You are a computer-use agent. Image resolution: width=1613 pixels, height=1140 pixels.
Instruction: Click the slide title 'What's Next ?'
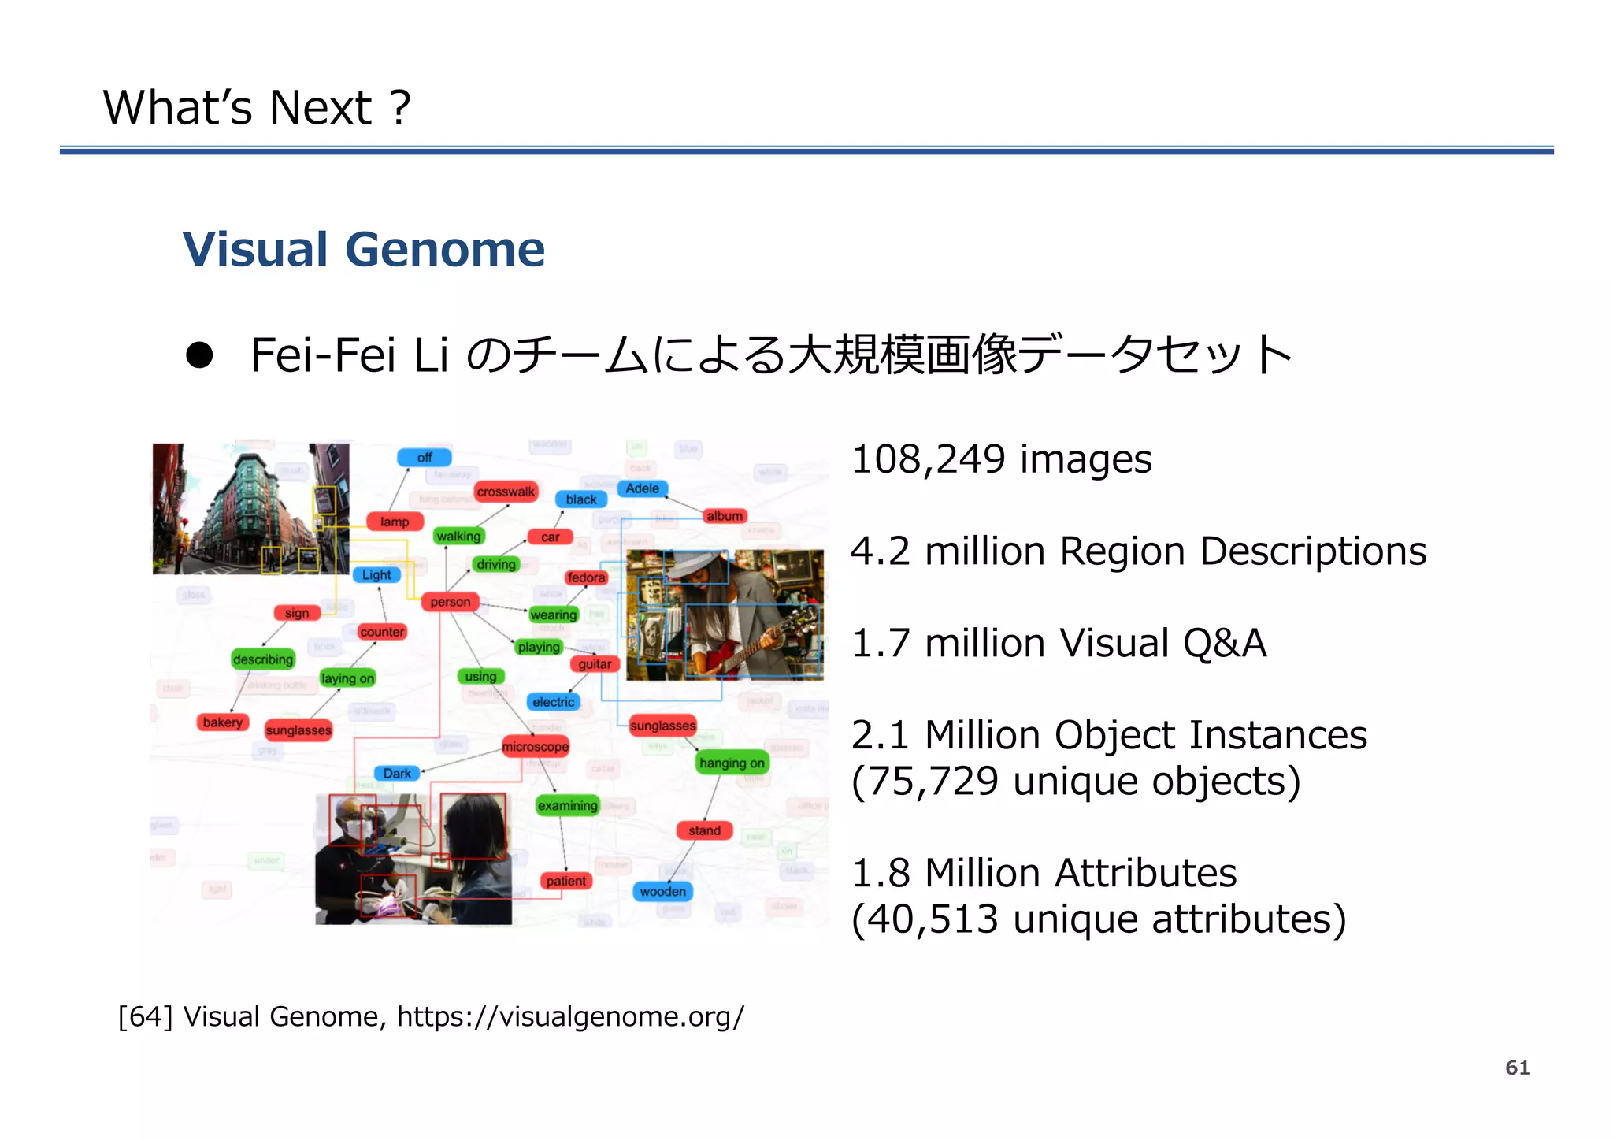pyautogui.click(x=257, y=108)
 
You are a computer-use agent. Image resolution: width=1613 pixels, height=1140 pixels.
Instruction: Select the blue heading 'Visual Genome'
pyautogui.click(x=363, y=250)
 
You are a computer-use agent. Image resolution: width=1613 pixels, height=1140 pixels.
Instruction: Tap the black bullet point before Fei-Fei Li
pyautogui.click(x=199, y=355)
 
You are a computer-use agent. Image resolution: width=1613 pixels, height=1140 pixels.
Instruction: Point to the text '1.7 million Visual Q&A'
pyautogui.click(x=1059, y=643)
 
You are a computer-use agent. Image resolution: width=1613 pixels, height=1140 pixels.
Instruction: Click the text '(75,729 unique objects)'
pyautogui.click(x=1075, y=782)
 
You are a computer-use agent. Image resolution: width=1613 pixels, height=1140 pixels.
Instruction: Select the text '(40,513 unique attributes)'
pyautogui.click(x=1098, y=919)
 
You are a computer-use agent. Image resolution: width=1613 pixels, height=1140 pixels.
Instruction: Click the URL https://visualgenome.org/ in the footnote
pyautogui.click(x=570, y=1017)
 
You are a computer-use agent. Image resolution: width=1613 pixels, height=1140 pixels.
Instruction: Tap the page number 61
pyautogui.click(x=1517, y=1068)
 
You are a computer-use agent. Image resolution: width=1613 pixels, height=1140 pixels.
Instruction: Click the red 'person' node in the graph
pyautogui.click(x=451, y=602)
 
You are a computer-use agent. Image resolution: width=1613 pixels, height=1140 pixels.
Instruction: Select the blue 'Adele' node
pyautogui.click(x=643, y=488)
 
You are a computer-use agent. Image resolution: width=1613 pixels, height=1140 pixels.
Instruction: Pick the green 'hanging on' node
pyautogui.click(x=732, y=763)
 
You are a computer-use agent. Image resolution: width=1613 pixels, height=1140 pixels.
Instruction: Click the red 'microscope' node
pyautogui.click(x=536, y=746)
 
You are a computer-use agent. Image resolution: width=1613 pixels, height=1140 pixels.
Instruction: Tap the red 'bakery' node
pyautogui.click(x=223, y=722)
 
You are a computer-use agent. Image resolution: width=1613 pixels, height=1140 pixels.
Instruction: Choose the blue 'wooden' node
pyautogui.click(x=662, y=891)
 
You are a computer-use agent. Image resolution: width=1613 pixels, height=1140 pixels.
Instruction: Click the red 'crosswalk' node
pyautogui.click(x=506, y=492)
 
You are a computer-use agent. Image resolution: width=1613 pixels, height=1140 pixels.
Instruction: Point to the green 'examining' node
pyautogui.click(x=567, y=805)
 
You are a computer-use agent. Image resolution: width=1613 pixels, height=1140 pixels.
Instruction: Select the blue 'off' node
pyautogui.click(x=425, y=458)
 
